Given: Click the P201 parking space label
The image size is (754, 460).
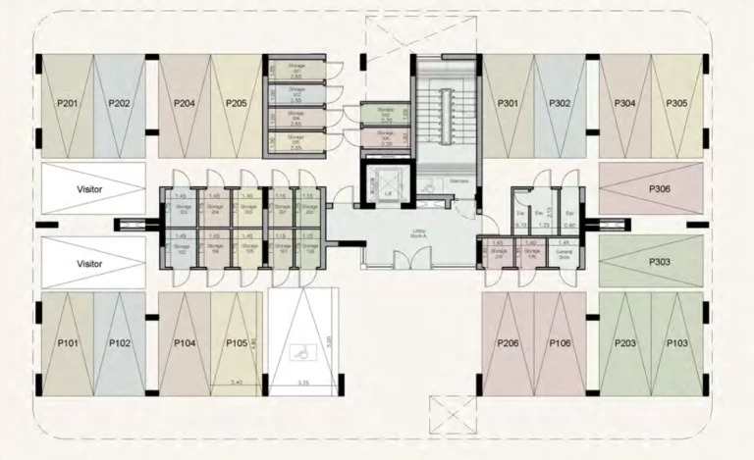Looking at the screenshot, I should click(68, 103).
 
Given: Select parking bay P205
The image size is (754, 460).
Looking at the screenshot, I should click(236, 103).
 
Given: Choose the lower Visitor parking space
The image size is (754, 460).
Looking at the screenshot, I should click(90, 264).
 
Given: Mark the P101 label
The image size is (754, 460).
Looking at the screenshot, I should click(68, 343).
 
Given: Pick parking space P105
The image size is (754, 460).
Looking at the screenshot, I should click(236, 343).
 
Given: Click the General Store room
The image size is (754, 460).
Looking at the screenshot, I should click(564, 253).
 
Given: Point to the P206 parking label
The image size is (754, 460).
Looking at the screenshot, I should click(508, 343).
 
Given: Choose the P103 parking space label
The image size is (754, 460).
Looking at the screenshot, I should click(676, 343).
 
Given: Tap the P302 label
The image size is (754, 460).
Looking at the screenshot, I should click(560, 103).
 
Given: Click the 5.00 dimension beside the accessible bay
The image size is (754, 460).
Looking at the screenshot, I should click(330, 341).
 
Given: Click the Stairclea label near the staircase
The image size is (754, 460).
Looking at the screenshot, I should click(458, 181).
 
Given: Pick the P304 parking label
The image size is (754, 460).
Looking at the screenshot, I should click(624, 103).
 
